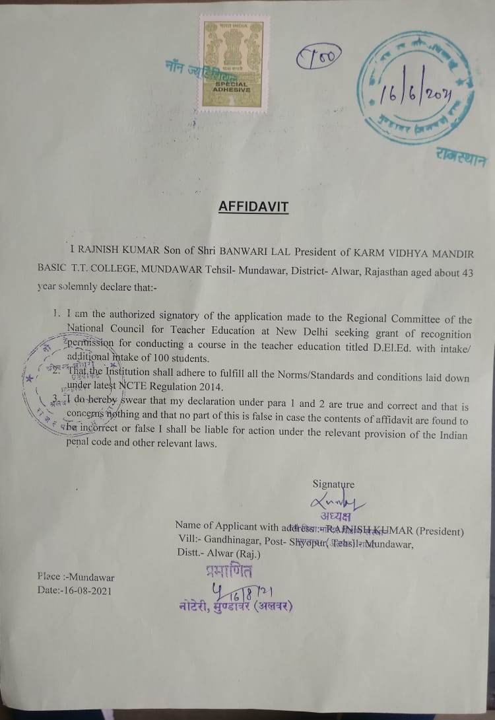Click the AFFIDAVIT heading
coord(253,207)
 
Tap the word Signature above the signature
coord(333,484)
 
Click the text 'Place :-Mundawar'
coord(67,577)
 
